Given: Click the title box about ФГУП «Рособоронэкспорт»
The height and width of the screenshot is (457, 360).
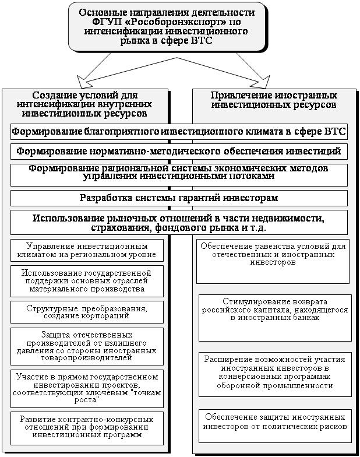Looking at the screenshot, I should (166, 26).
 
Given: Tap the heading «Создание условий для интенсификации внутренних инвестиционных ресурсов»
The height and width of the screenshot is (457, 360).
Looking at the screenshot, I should (84, 105).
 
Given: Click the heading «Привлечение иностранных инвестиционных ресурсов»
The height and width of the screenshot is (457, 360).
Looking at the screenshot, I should (273, 100).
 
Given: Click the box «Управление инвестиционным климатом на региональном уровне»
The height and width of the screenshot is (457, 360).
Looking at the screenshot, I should (87, 250).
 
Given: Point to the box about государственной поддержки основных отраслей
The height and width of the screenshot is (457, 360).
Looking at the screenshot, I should (87, 280).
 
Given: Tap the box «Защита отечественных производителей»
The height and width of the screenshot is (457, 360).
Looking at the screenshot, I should (87, 346).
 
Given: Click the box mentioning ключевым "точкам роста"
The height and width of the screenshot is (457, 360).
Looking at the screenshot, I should (87, 388).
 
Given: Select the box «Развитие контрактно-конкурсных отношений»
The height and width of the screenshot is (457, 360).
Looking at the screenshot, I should (87, 427).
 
